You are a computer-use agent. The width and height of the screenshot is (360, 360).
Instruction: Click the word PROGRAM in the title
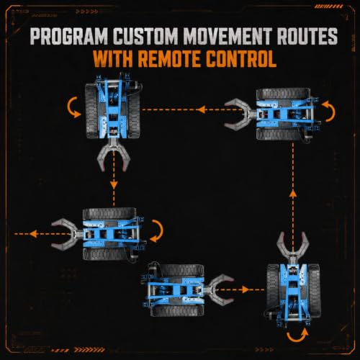coord(69,36)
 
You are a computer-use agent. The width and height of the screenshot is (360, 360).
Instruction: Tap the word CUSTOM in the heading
coord(145,36)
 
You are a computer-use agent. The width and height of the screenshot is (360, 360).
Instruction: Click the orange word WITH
coord(113,59)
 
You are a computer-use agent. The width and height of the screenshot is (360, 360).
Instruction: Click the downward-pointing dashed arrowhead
coord(114,185)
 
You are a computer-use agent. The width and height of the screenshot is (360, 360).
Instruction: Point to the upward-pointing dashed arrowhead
coord(293,193)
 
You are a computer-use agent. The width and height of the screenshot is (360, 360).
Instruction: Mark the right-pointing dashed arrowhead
coord(246,289)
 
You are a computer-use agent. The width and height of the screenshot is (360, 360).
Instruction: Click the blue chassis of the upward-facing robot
coord(293,294)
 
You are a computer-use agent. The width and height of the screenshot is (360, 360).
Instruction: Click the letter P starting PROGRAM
coord(37,36)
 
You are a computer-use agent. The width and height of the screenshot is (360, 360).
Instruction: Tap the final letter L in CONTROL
coord(271,59)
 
